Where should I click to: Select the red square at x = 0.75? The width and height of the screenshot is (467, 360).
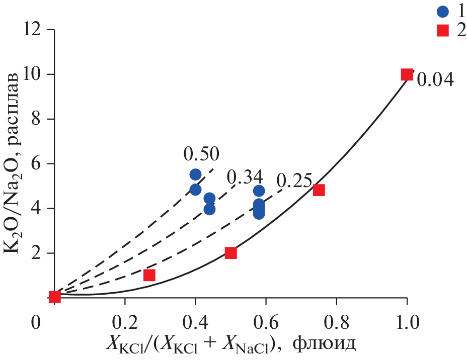point(319,190)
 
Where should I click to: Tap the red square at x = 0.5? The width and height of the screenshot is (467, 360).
point(230,252)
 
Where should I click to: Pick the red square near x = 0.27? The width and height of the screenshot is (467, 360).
point(149,275)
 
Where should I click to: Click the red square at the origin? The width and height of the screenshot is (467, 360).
point(54,297)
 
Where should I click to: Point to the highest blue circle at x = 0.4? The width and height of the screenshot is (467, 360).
point(195,174)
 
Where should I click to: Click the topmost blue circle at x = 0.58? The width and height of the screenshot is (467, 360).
point(259,191)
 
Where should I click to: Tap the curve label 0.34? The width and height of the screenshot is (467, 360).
point(245,176)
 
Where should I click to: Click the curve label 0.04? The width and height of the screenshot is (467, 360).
point(436,79)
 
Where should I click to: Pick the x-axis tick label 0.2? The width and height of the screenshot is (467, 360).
point(124,321)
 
